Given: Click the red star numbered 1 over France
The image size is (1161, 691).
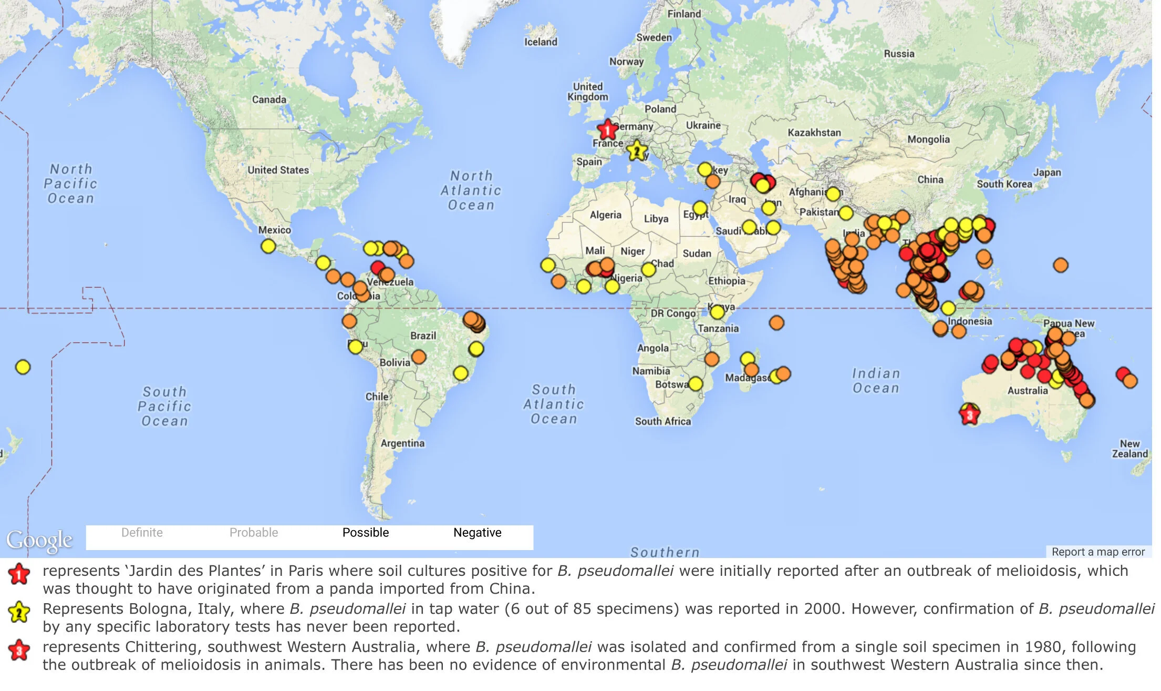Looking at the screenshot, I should tap(607, 129).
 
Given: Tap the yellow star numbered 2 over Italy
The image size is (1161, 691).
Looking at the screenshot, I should tap(637, 151).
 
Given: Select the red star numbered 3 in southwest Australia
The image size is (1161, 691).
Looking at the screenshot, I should tap(969, 415).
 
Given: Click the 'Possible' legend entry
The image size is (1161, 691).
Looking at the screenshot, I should tap(366, 533).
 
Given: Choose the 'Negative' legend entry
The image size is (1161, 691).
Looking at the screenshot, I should tap(477, 533).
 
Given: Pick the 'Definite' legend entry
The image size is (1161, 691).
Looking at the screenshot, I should tap(142, 533).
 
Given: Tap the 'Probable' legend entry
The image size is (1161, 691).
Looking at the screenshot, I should tap(254, 533).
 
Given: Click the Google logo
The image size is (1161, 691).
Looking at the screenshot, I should tap(39, 540).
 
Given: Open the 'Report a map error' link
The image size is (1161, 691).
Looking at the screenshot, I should tap(1098, 552).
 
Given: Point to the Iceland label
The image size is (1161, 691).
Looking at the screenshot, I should tap(541, 42).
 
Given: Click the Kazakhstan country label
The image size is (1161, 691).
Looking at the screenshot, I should tap(814, 133).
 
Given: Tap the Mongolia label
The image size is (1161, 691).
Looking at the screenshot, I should tap(928, 139).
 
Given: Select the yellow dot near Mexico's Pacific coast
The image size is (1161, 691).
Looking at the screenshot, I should tap(268, 246).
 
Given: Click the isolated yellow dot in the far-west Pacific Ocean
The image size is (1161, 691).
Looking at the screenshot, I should tap(23, 367).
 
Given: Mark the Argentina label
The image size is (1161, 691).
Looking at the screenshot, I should tap(402, 443).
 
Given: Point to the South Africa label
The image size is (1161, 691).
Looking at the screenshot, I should tap(663, 421).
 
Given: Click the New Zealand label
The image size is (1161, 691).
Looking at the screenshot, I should tap(1129, 449).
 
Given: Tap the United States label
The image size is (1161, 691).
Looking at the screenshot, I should tap(278, 170).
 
